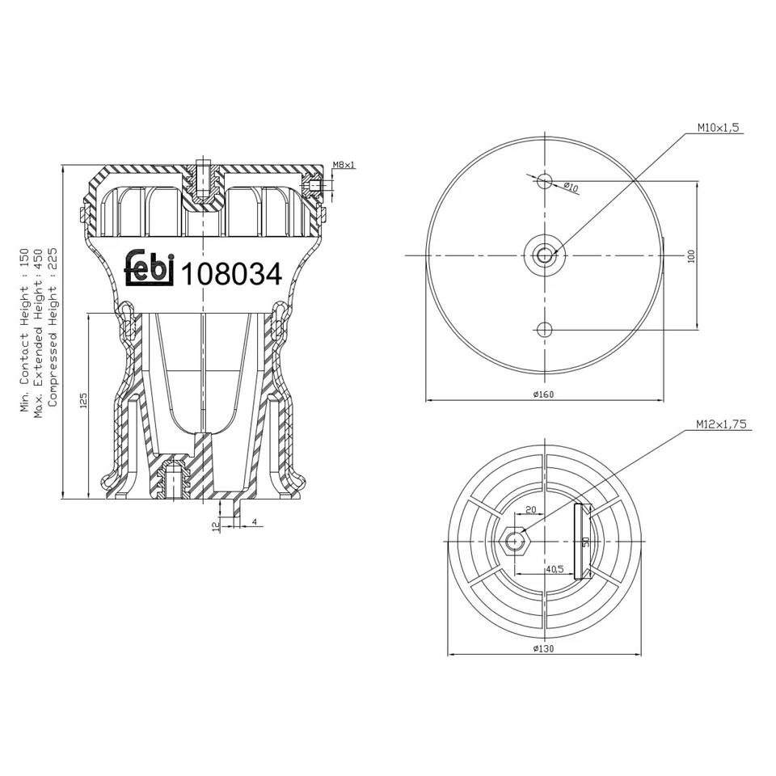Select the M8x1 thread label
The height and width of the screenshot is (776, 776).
[x=344, y=165]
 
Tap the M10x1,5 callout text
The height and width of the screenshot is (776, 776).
[x=719, y=128]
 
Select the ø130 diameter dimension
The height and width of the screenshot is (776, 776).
[x=542, y=648]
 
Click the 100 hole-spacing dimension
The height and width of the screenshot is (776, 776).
[x=690, y=255]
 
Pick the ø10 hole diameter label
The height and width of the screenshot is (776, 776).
[x=571, y=188]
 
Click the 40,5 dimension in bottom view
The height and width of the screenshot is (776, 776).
[x=555, y=568]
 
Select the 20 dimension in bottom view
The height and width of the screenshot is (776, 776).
[x=531, y=510]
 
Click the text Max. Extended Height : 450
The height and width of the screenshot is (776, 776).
[x=38, y=331]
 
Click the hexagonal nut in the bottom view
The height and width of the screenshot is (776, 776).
[x=515, y=541]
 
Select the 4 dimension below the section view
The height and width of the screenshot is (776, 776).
[x=254, y=522]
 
